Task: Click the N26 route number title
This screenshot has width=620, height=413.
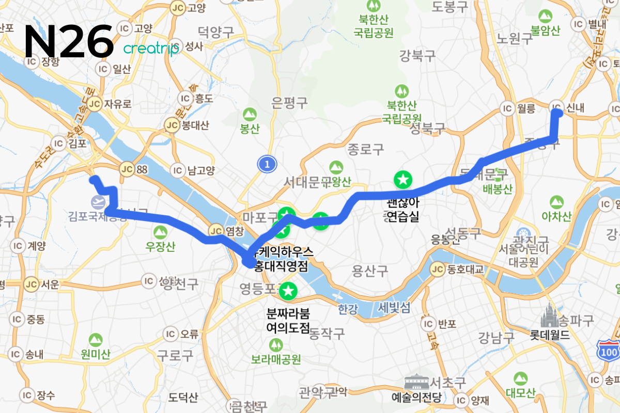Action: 69,41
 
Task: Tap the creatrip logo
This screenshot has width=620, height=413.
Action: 151,49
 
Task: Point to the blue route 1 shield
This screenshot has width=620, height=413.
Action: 267,164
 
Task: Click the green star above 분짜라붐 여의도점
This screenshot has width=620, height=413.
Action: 287,292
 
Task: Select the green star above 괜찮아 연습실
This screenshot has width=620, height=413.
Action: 402,180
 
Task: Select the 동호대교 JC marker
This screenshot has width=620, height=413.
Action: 438,269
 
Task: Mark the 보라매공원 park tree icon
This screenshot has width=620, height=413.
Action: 276,344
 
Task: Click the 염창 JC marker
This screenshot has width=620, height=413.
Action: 216,231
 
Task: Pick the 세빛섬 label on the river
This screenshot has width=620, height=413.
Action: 394,308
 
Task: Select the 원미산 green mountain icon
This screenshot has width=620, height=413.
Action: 95,339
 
